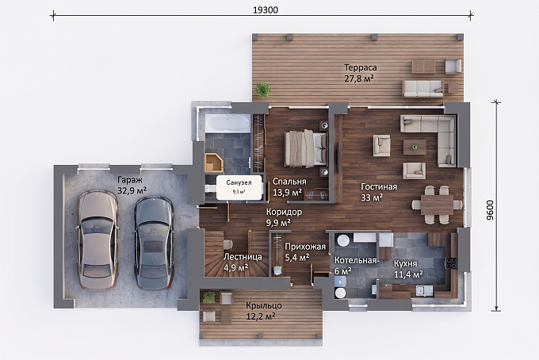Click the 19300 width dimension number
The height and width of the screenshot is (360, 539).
266,10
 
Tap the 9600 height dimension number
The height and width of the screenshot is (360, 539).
490,210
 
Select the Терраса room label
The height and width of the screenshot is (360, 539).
361,67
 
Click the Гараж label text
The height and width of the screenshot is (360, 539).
130,180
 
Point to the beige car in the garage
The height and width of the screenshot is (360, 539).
97,239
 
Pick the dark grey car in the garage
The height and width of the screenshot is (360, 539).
153,243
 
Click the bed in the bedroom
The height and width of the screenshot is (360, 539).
306,148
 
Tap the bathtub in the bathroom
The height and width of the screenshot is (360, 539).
227,124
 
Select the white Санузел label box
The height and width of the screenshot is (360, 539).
239,187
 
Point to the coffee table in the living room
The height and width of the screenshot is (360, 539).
415,147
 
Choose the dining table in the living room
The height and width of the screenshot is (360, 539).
437,205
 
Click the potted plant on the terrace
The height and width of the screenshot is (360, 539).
263,90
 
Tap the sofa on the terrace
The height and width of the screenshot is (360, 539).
423,88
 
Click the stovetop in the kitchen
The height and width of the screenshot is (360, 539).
451,262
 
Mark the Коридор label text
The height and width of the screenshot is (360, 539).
284,212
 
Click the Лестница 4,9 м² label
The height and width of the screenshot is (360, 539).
243,262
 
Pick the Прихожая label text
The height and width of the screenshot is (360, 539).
305,247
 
